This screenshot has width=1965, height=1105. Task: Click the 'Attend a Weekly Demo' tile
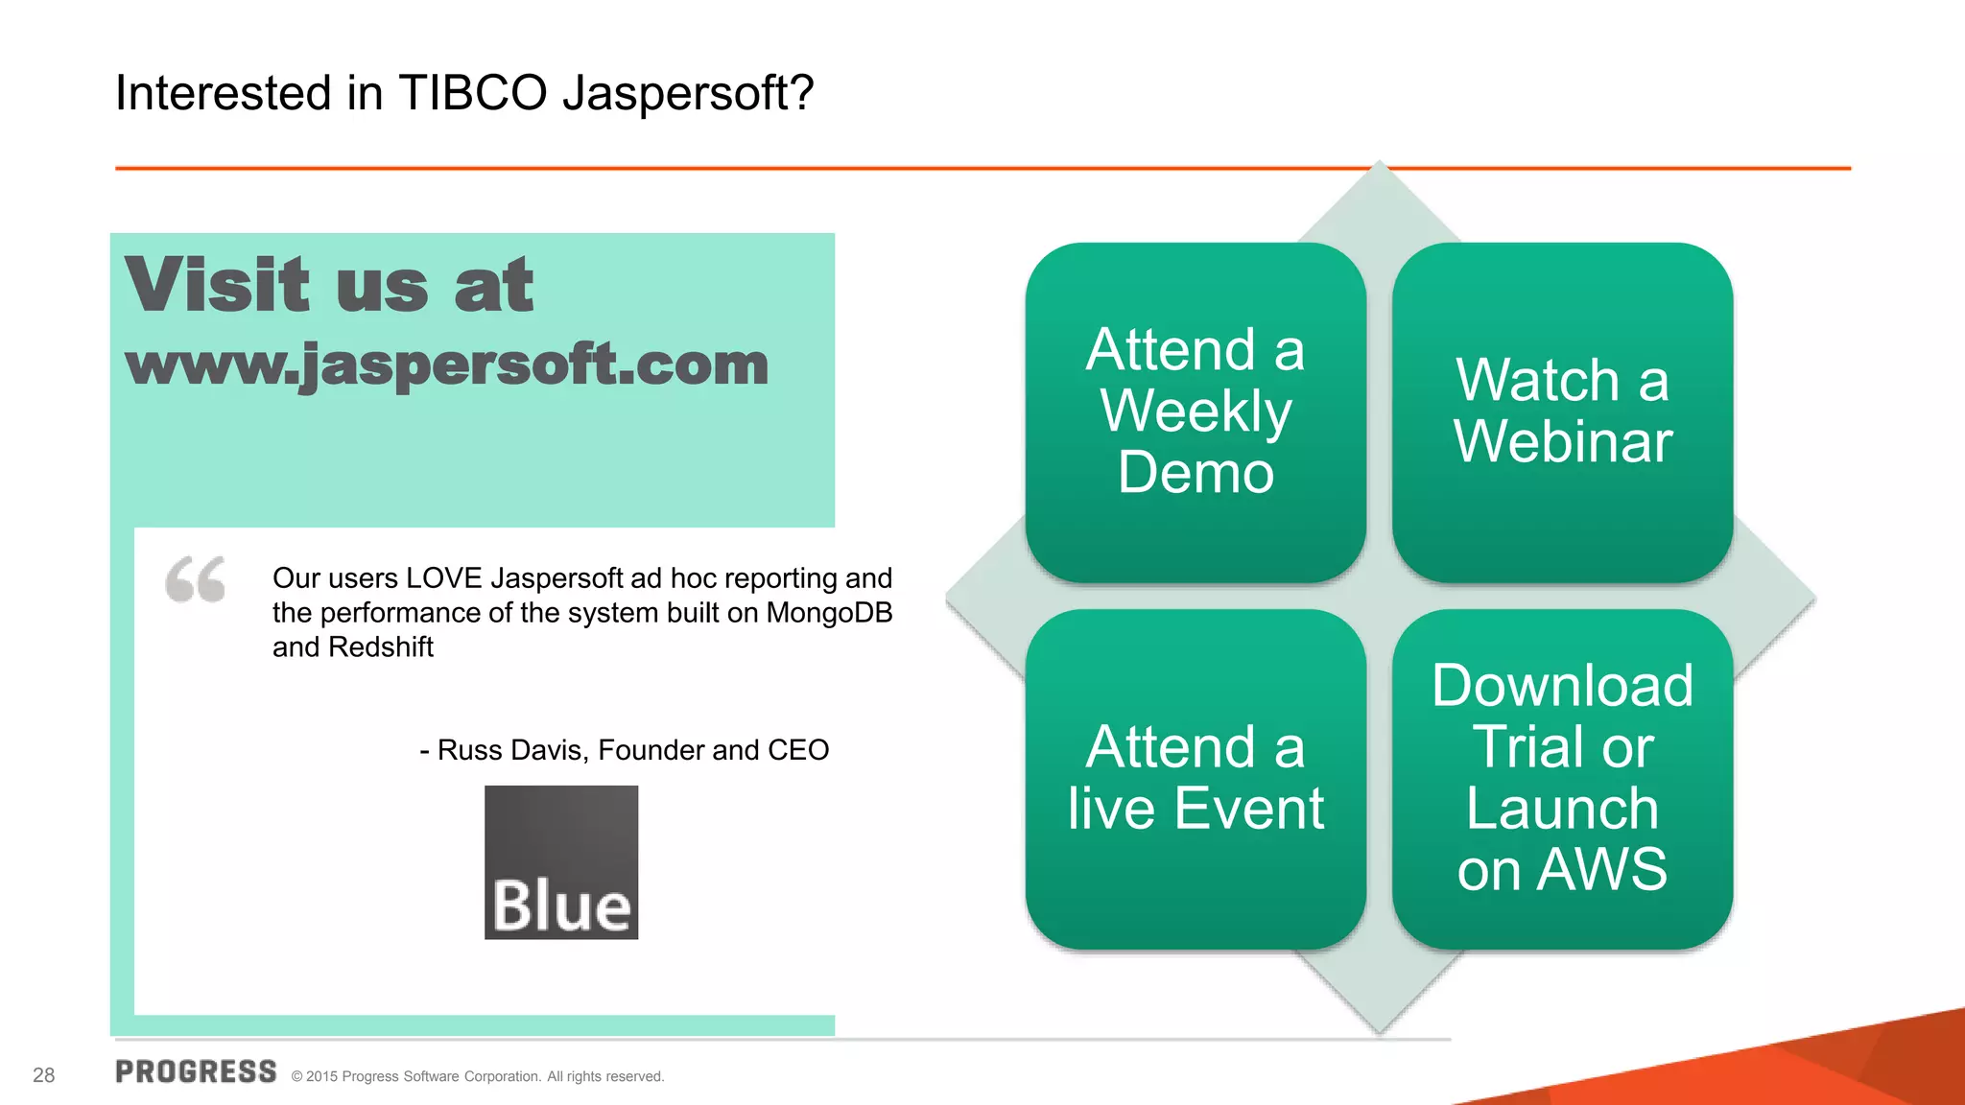tap(1196, 412)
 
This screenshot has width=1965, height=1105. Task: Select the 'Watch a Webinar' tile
tap(1562, 412)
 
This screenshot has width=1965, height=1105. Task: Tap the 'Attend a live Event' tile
tap(1196, 779)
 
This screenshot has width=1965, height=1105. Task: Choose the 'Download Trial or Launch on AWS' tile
tap(1562, 779)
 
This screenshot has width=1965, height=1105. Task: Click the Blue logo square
tap(561, 861)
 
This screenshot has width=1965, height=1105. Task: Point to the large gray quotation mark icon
tap(196, 579)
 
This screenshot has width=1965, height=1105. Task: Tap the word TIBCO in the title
tap(472, 94)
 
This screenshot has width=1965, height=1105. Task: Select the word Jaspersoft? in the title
tap(687, 94)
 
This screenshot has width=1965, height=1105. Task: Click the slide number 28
tap(44, 1075)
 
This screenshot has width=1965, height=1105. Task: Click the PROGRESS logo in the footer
tap(196, 1072)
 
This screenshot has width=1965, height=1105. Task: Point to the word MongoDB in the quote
tap(829, 613)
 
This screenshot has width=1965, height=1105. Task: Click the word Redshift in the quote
tap(381, 647)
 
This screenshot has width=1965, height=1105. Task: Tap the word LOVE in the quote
tap(444, 578)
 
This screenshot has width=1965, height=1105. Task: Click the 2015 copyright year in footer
tap(321, 1077)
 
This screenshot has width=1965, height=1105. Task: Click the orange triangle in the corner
tap(1823, 1070)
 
